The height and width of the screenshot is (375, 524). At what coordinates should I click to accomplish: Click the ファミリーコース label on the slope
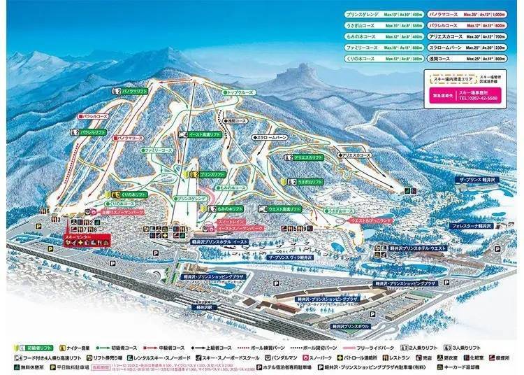click(x=158, y=150)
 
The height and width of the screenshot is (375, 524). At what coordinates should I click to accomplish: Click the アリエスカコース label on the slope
click(x=357, y=154)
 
